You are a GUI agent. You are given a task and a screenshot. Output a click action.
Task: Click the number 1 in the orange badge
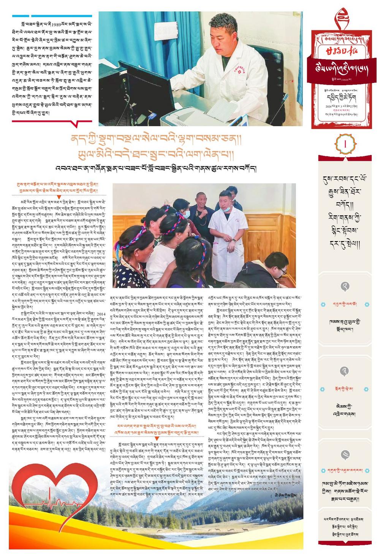(x=345, y=144)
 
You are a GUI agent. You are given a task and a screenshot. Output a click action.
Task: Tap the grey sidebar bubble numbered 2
(x=345, y=287)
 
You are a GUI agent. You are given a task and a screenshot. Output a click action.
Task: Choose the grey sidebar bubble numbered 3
(x=345, y=359)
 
